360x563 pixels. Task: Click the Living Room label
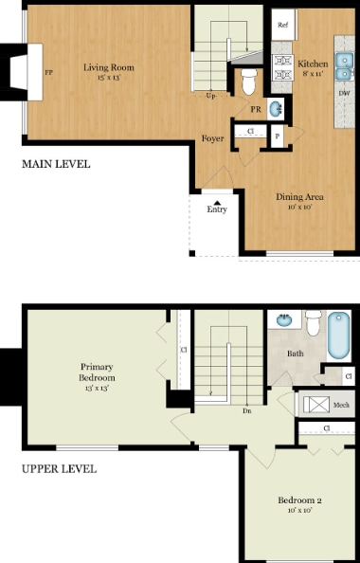[108, 67]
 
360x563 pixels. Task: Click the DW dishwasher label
[343, 93]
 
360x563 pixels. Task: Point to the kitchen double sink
[346, 65]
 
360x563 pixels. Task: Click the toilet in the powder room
[249, 83]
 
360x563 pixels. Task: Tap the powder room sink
[276, 109]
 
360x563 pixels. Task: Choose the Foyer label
[212, 138]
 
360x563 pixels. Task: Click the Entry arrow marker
[217, 202]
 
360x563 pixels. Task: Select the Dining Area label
[300, 197]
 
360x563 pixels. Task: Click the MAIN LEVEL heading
[56, 164]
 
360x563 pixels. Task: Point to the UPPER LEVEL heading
[59, 468]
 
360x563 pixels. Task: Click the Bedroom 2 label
[300, 499]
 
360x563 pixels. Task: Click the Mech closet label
[341, 406]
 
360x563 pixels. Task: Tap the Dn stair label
[246, 410]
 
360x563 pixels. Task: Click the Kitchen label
[315, 64]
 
